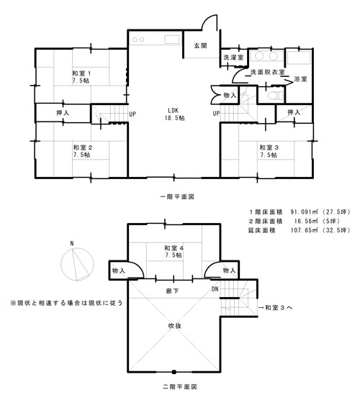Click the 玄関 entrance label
tap(200, 46)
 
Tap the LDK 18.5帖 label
tap(174, 114)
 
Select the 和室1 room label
tap(81, 77)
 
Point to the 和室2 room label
tap(83, 151)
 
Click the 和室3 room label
tap(269, 151)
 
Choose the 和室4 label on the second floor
tap(174, 251)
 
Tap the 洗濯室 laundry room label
tap(233, 58)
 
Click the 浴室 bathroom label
tap(300, 79)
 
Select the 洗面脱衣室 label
tap(267, 72)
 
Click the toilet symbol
tap(274, 96)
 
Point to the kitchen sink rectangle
tap(172, 40)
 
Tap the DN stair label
tap(215, 289)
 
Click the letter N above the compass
tap(72, 243)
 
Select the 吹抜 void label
tap(175, 326)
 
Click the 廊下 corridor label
tap(172, 291)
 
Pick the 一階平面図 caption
tap(177, 197)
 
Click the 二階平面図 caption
tap(180, 387)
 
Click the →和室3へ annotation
tap(275, 307)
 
